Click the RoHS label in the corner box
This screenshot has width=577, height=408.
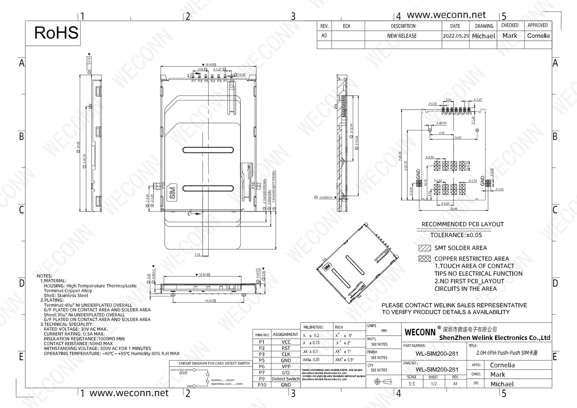(56, 33)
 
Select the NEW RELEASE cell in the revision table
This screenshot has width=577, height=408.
(402, 36)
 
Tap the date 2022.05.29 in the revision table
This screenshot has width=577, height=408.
(455, 36)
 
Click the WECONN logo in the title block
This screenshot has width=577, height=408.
(420, 332)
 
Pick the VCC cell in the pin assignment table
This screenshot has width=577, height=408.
(286, 342)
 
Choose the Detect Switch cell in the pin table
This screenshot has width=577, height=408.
(286, 379)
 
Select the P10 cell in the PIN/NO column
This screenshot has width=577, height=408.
(262, 385)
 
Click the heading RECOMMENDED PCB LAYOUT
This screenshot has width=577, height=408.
(462, 224)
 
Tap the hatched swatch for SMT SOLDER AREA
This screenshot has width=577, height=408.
(425, 248)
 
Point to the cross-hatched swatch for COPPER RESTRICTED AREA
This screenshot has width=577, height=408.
(425, 259)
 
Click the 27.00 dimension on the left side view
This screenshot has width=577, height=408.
(78, 145)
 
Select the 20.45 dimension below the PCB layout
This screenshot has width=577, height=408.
(454, 209)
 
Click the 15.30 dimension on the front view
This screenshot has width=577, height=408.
(202, 275)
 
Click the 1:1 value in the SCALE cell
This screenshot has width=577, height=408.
(412, 384)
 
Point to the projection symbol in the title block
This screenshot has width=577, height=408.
(383, 381)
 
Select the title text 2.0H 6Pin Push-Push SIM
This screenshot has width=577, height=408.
(507, 353)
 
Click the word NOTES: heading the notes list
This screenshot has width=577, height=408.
(44, 276)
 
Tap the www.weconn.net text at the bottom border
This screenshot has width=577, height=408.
(129, 393)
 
